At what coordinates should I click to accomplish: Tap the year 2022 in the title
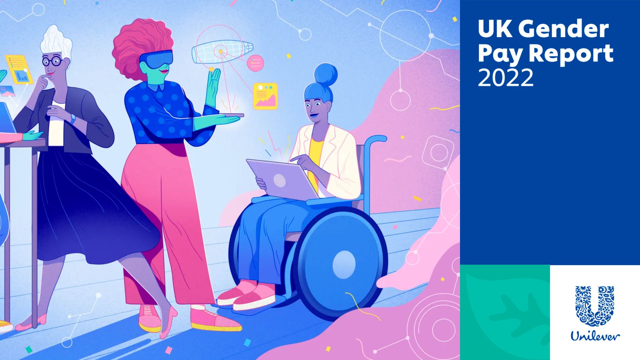pos(506,78)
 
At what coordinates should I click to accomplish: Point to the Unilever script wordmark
pos(595,336)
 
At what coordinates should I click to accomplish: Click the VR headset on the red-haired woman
pos(156,59)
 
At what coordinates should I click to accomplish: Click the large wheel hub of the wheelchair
pos(344,262)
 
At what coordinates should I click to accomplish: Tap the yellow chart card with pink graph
pos(265,96)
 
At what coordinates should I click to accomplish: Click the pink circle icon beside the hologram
pos(256,63)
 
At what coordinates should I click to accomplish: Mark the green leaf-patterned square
pos(505,312)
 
